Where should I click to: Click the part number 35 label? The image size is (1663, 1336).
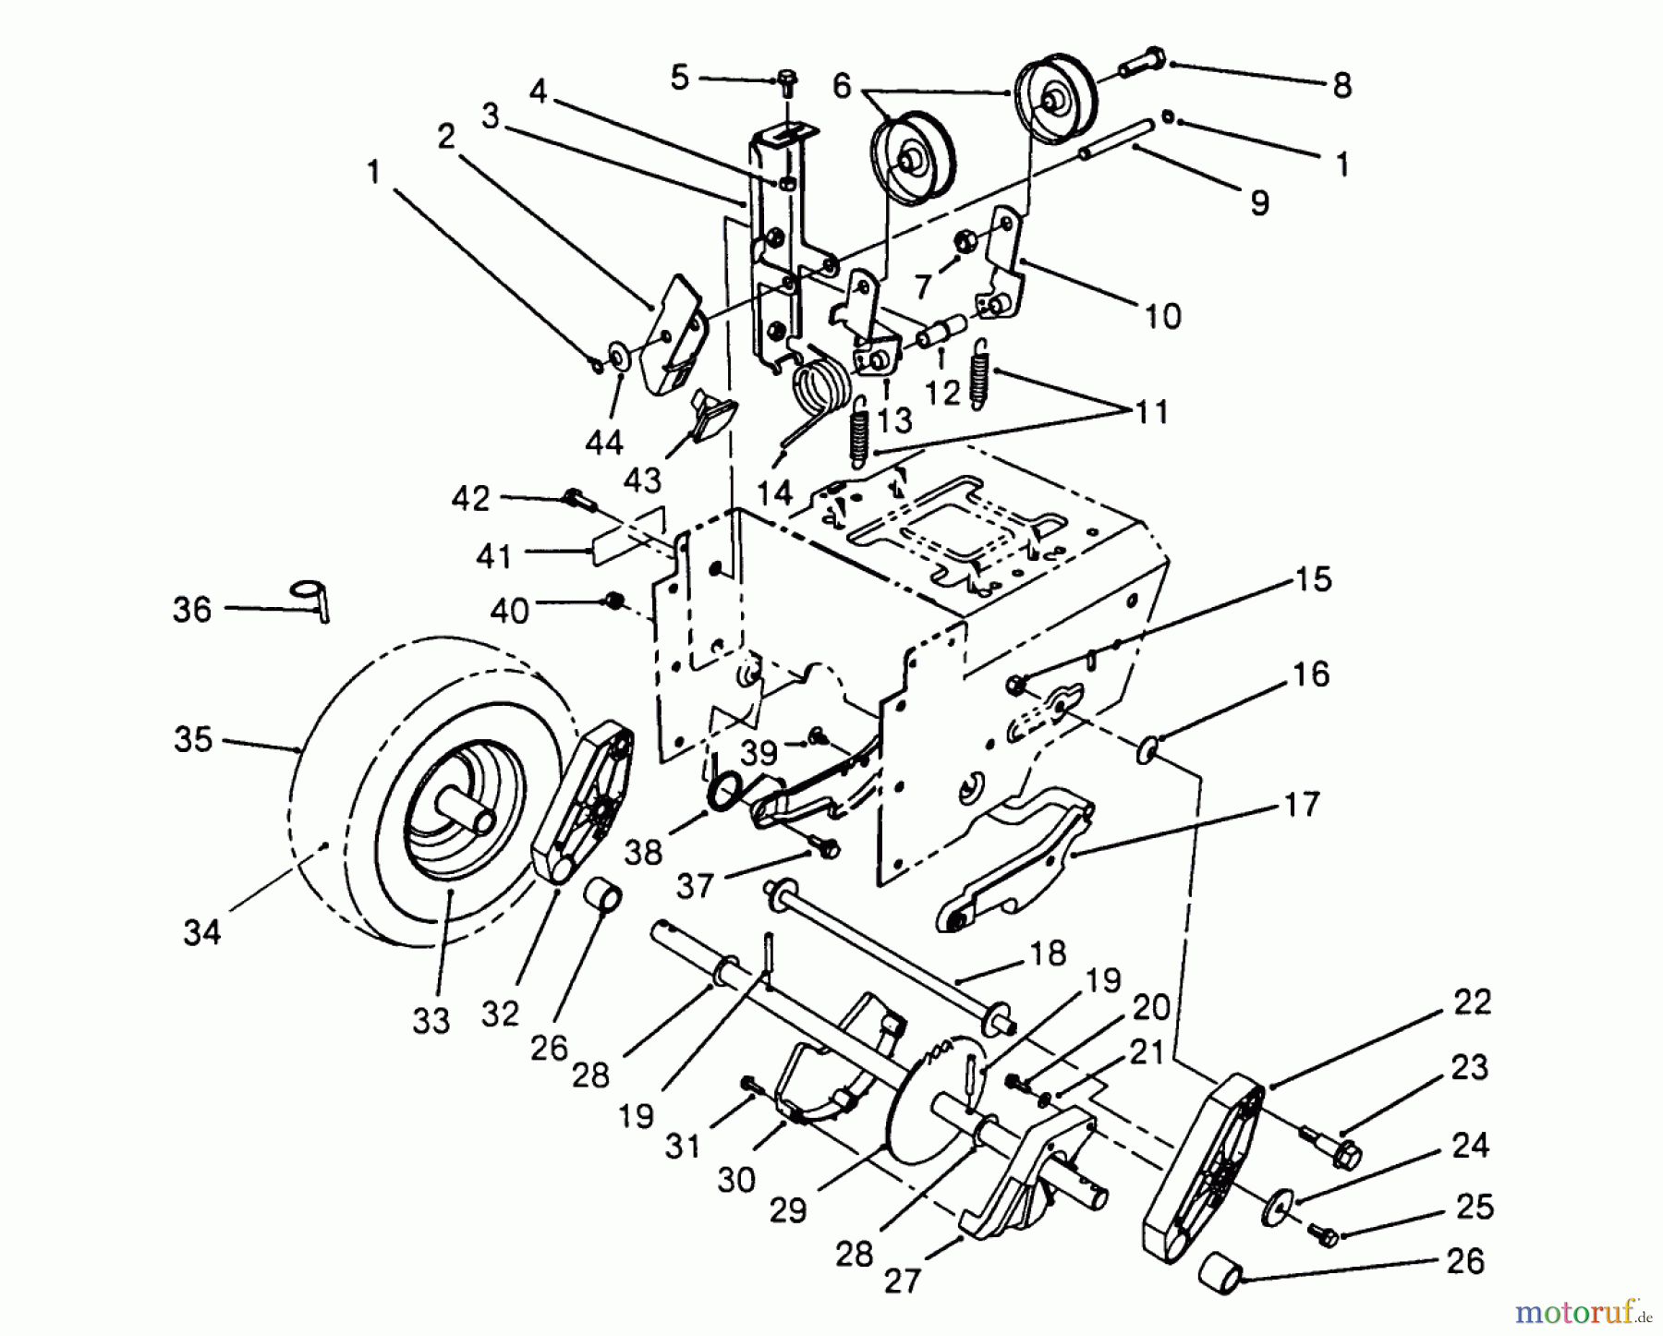pos(193,740)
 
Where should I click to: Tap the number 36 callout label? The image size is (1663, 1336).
pos(192,610)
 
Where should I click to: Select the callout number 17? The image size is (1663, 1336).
pos(1302,805)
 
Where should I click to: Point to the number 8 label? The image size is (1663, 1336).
pos(1341,86)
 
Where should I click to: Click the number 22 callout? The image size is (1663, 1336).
pos(1472,1002)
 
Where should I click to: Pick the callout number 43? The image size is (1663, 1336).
pos(642,480)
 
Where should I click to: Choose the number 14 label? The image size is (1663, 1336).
pos(775,492)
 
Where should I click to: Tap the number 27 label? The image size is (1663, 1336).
pos(903,1281)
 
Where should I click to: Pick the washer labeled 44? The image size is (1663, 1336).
pos(616,354)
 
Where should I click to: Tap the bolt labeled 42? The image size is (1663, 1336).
pos(574,500)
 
